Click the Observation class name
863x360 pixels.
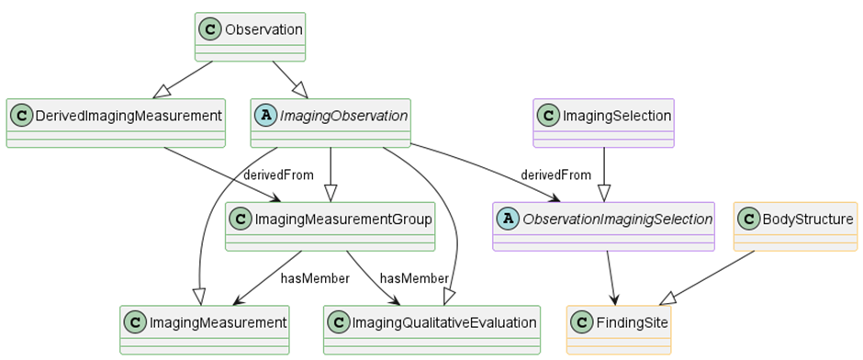tap(263, 29)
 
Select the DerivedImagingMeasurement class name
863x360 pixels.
tap(129, 116)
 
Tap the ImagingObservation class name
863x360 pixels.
tap(344, 116)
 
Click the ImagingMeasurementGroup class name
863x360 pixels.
tap(343, 219)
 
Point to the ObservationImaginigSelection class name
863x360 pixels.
tap(617, 219)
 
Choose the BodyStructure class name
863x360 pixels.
tap(809, 219)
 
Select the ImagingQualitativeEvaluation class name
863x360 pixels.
tap(443, 322)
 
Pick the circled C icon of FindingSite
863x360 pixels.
tap(581, 322)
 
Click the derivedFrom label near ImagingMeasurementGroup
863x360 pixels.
tap(278, 174)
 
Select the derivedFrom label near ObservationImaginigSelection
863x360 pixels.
tap(555, 174)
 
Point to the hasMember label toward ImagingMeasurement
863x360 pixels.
tap(314, 278)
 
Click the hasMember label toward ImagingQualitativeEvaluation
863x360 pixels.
tap(413, 278)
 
